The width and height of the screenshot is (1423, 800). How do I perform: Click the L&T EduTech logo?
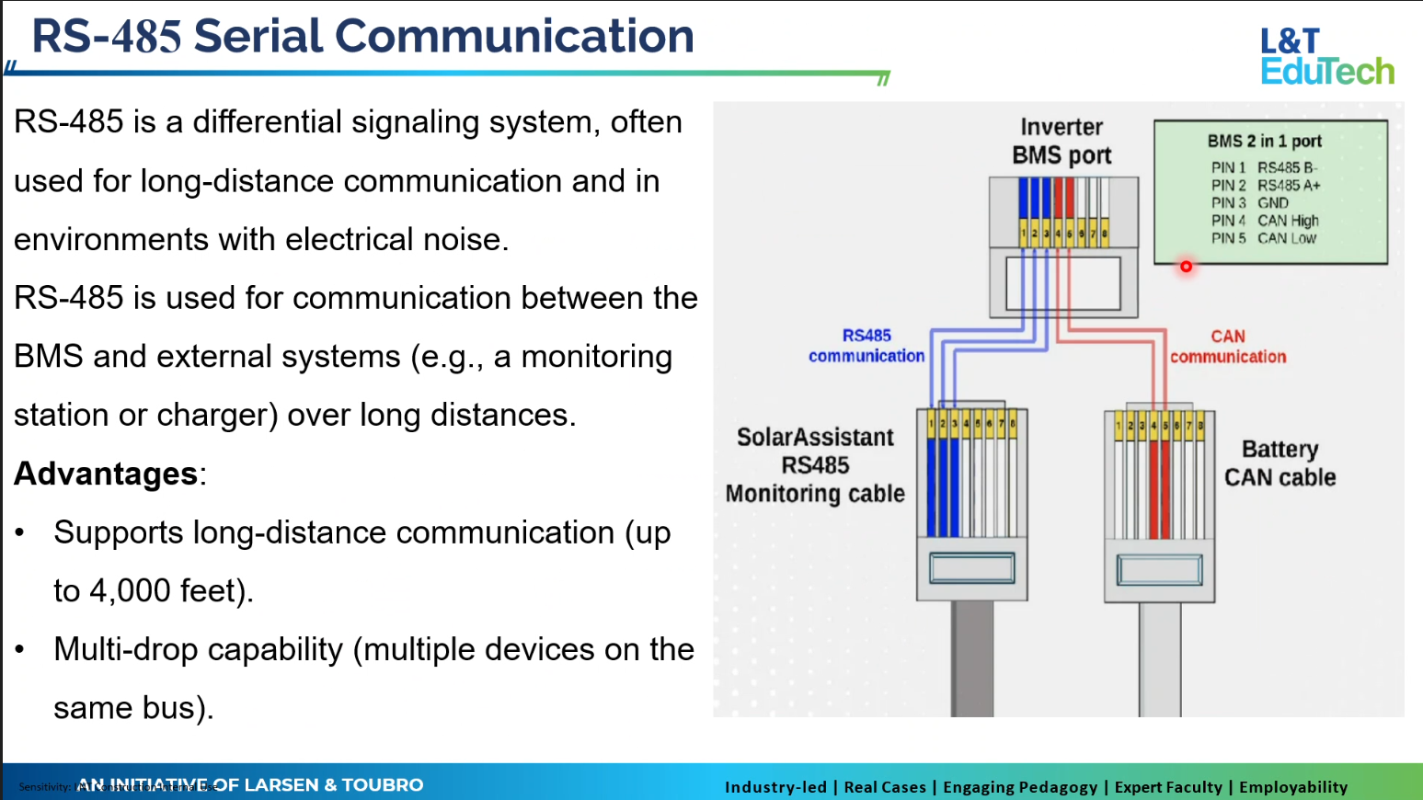(x=1326, y=56)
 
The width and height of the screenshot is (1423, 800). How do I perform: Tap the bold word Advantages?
(x=106, y=474)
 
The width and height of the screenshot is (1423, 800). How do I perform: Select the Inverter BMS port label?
(x=1062, y=141)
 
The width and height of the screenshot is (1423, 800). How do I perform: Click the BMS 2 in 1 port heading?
(x=1264, y=141)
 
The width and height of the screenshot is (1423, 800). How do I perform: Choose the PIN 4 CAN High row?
(x=1264, y=221)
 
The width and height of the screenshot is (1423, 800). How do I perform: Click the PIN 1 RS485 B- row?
(x=1264, y=167)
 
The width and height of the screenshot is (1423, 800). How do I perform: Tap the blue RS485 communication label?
(x=866, y=346)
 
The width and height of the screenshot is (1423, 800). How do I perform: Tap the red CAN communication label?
(x=1228, y=347)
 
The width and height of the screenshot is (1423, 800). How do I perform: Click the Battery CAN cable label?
(x=1280, y=463)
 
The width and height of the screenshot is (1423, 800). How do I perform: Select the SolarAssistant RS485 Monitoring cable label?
(x=815, y=465)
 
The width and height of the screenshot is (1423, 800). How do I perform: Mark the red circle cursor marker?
(x=1186, y=267)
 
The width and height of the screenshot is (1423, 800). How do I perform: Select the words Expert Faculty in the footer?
(x=1168, y=787)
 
